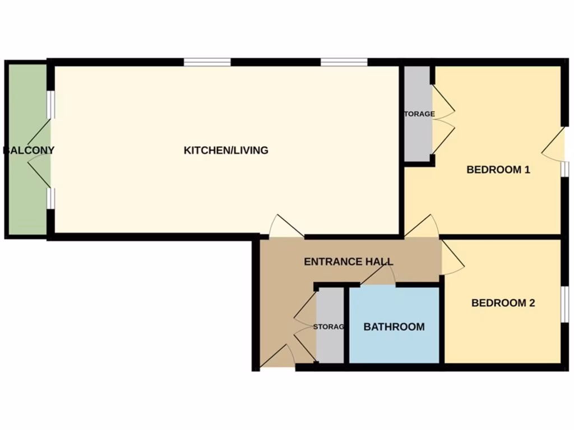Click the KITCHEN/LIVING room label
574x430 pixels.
[x=226, y=150]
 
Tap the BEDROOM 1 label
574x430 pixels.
[x=498, y=170]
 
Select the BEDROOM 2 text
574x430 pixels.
[x=503, y=303]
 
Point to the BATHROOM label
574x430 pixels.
[x=394, y=327]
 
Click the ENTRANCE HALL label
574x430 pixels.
[x=348, y=261]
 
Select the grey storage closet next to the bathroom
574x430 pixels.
[x=330, y=327]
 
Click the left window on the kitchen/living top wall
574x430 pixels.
[x=207, y=62]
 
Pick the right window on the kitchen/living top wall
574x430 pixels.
[x=344, y=62]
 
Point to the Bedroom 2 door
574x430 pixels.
[x=452, y=258]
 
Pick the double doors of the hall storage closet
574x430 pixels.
[x=306, y=325]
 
